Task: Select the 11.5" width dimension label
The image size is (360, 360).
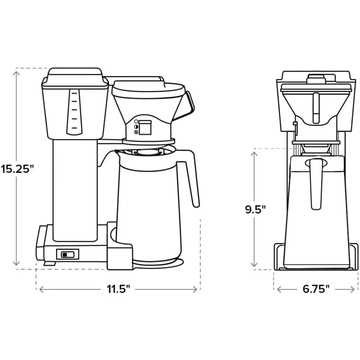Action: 118,289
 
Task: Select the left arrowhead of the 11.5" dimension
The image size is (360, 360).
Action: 41,289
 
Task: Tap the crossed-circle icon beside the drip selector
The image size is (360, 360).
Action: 136,132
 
